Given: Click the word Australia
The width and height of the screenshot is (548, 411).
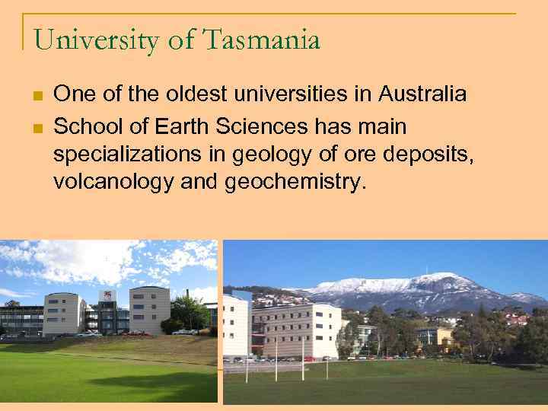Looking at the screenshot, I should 422,94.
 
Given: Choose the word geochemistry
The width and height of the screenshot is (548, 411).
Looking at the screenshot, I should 297,183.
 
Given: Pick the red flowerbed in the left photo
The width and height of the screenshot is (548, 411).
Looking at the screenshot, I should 137,333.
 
